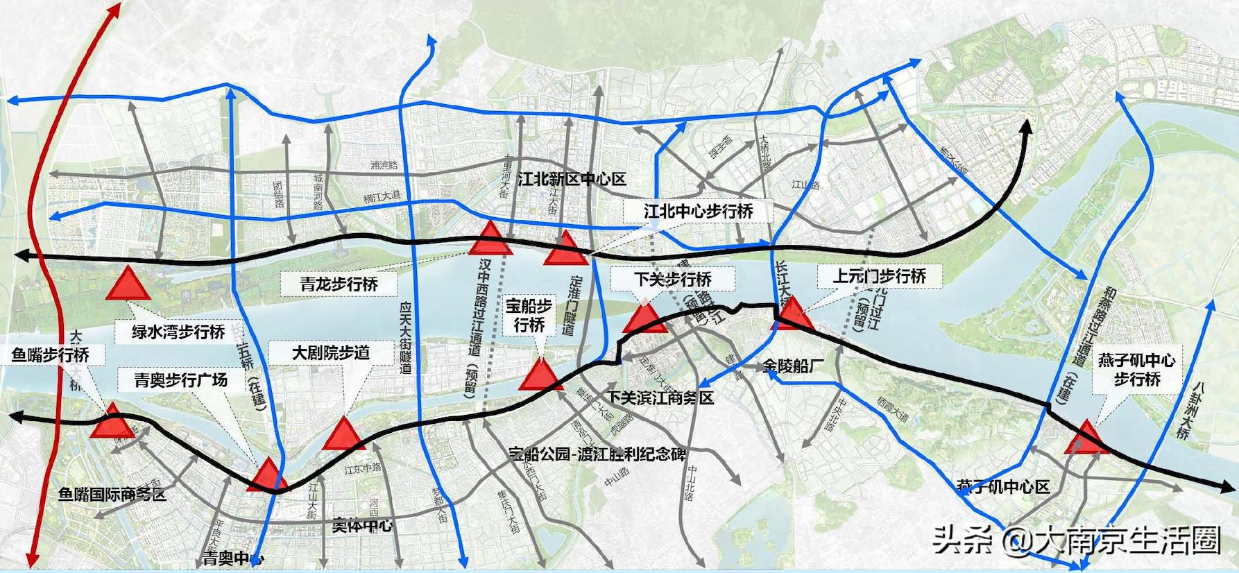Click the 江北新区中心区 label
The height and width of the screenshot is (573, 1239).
(x=572, y=180)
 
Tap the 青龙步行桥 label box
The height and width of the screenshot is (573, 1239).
(x=339, y=284)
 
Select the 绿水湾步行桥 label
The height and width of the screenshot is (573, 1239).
(x=179, y=332)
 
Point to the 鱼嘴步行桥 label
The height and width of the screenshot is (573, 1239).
(x=51, y=354)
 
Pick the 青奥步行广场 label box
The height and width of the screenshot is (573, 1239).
(x=181, y=380)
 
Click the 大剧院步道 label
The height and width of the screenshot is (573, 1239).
(x=330, y=352)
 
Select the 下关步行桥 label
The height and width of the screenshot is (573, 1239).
(x=673, y=280)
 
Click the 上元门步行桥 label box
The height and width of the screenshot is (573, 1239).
(x=880, y=276)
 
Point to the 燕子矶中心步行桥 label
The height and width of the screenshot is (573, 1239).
(x=1136, y=370)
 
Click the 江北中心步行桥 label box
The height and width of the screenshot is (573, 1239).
(x=698, y=211)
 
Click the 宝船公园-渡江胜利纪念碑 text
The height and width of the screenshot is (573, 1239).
(x=597, y=454)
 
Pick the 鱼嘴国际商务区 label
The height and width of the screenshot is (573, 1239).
(x=112, y=494)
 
